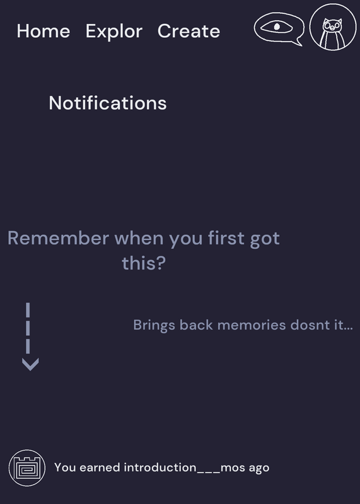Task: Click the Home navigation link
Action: point(44,31)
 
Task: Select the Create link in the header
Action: point(189,31)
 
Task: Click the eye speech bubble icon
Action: point(279,28)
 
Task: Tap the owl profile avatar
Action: point(333,27)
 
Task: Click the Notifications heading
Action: point(108,103)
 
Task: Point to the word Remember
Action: point(58,238)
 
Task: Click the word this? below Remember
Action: point(144,263)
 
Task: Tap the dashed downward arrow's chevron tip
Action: point(30,370)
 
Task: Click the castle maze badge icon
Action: point(27,467)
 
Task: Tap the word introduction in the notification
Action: point(160,467)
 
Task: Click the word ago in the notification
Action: point(259,469)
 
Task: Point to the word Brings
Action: point(154,326)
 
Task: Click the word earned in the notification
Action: point(100,467)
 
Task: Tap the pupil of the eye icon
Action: point(277,26)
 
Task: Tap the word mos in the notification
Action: point(233,468)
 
